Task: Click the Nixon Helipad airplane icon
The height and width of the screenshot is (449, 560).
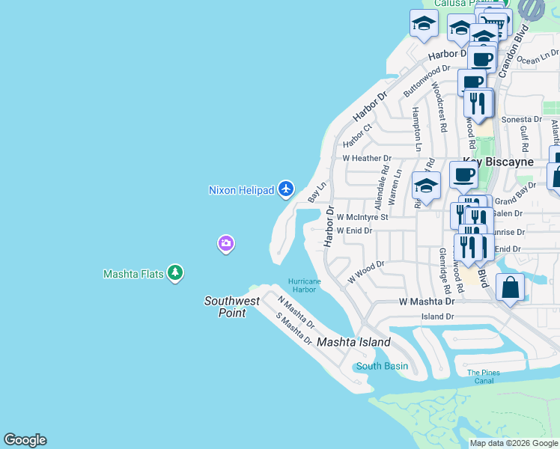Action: tap(285, 189)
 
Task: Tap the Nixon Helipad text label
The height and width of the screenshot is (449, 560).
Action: tap(241, 190)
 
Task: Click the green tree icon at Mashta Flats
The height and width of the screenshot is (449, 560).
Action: tap(175, 273)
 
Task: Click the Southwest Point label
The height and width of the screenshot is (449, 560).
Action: tap(232, 307)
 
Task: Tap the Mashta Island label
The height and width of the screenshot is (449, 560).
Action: tap(353, 342)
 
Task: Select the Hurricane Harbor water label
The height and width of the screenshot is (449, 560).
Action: tap(305, 285)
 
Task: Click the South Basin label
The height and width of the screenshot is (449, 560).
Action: tap(382, 366)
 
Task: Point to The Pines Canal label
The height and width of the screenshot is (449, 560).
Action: tap(484, 376)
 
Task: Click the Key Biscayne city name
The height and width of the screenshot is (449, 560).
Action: tap(498, 162)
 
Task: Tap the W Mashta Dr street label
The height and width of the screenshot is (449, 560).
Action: tap(427, 302)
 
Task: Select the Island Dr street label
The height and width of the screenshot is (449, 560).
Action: tap(439, 317)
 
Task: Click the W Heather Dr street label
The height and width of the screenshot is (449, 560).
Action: tap(367, 159)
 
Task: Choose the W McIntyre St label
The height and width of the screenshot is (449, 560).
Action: tap(362, 217)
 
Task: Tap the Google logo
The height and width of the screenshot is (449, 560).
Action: tap(25, 440)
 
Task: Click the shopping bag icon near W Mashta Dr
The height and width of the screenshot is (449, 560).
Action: tap(510, 287)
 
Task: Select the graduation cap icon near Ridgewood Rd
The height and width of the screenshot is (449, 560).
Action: tap(426, 186)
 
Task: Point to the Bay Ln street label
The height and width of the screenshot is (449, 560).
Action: tap(317, 192)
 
